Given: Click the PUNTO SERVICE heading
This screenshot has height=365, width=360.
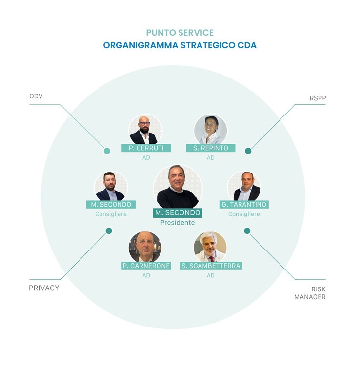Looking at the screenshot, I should [180, 33].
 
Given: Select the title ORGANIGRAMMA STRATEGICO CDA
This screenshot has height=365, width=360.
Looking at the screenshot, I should [180, 45].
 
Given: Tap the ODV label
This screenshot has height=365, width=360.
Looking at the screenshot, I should [36, 96].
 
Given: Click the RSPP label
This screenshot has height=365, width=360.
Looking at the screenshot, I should [317, 98].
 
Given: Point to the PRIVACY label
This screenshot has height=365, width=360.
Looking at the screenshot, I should [44, 288].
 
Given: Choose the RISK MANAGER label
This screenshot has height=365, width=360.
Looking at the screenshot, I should [310, 293].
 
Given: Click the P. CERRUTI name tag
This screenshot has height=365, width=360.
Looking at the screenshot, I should [146, 148].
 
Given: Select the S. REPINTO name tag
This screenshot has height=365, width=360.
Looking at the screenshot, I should [211, 148].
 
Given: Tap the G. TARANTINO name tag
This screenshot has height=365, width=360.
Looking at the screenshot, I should [244, 205].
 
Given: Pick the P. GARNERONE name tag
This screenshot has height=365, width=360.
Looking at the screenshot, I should [146, 266].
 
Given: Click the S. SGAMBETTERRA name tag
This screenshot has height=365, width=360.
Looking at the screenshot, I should [211, 266].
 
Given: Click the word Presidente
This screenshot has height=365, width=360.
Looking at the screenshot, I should [178, 223].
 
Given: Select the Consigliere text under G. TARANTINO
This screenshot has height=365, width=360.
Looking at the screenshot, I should [244, 214].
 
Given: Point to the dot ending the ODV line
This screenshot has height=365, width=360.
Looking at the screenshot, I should [107, 151].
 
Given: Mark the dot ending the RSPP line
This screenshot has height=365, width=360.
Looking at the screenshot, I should [248, 151].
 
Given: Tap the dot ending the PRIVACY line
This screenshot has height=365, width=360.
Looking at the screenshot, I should [109, 231].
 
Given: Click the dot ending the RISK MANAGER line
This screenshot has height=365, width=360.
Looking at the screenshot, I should [247, 231].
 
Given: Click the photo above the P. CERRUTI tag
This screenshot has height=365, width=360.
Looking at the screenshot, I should [145, 130].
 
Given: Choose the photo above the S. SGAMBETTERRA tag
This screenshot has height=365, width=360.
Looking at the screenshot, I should [210, 247].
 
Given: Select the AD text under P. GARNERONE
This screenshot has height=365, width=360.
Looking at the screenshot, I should [146, 275].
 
